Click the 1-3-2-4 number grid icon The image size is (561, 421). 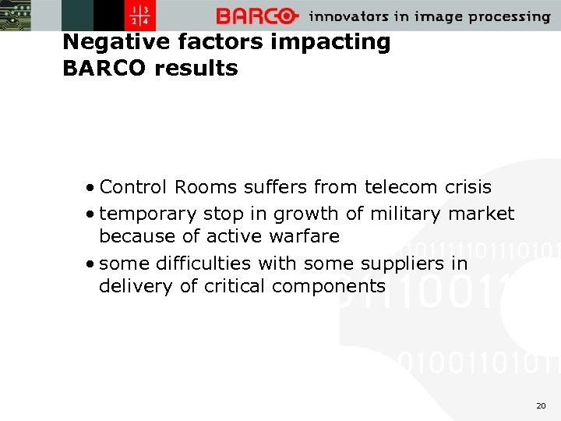click(143, 16)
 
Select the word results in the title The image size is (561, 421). click(196, 69)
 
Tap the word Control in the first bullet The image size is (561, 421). click(134, 187)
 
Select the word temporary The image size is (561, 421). click(149, 214)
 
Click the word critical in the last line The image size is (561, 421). click(235, 286)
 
